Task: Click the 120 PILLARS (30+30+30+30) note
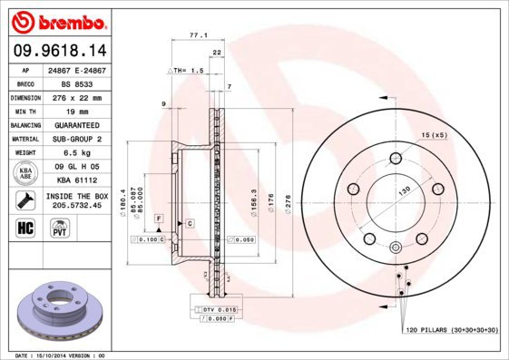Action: [x=451, y=333]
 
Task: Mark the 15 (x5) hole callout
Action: [x=434, y=135]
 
